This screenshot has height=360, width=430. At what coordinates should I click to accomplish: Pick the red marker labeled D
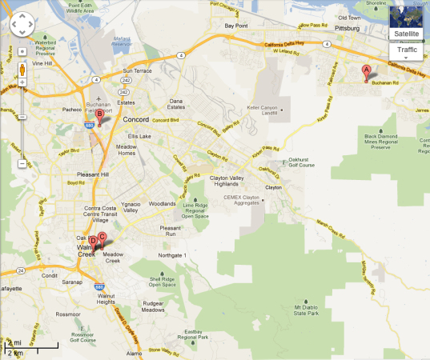click(x=93, y=241)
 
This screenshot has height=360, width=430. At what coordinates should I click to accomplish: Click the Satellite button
click(x=405, y=34)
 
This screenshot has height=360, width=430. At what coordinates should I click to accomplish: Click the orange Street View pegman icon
click(x=22, y=69)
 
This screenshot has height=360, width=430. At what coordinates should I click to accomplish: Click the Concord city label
click(x=137, y=120)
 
